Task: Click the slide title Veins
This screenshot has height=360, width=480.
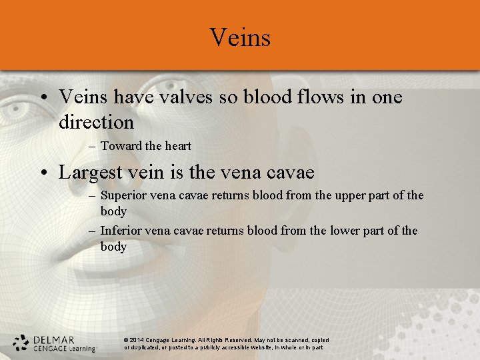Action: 240,37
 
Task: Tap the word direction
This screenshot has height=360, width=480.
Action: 96,123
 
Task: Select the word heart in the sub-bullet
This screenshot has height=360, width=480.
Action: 177,146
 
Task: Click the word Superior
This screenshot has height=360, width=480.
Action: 123,195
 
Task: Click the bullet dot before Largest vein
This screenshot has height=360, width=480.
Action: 42,173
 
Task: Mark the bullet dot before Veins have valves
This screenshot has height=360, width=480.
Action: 42,98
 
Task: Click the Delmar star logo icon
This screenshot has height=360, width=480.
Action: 21,343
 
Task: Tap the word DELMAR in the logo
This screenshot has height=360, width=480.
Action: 53,339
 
